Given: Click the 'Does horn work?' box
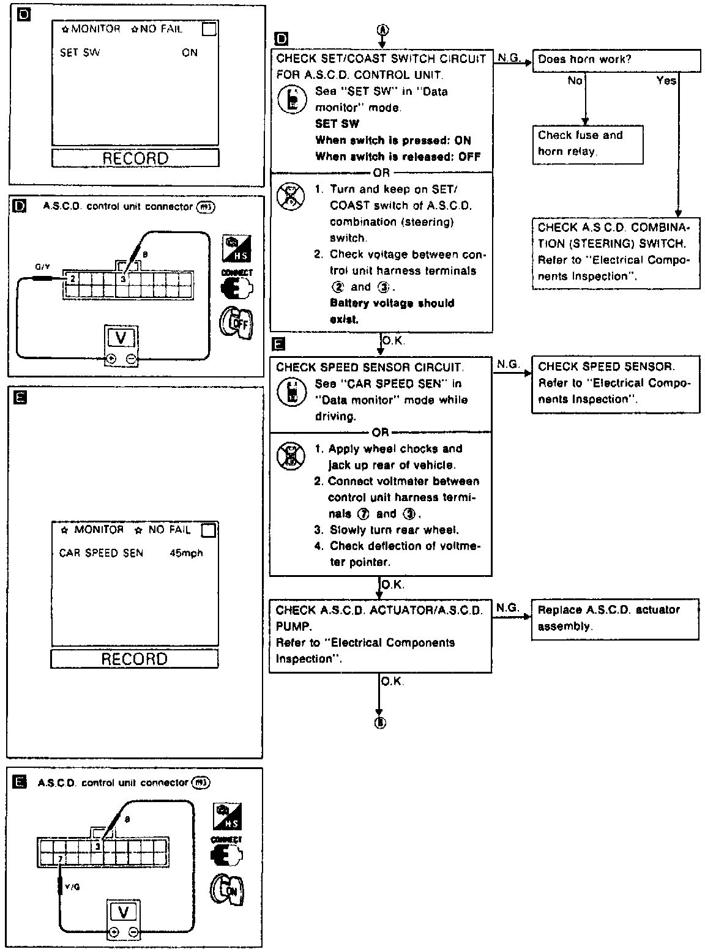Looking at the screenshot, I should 616,60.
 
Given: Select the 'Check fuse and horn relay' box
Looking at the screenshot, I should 587,144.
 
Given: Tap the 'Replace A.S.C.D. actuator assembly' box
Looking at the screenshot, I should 614,619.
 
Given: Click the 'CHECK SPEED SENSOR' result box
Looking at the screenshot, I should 614,384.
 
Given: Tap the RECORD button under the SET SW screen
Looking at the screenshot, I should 135,158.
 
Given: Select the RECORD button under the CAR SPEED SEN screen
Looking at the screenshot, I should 134,659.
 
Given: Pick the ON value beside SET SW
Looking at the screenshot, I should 190,53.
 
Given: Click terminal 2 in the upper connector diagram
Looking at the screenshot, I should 72,279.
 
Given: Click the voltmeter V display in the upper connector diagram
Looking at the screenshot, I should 122,338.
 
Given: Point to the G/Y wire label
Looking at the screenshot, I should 42,267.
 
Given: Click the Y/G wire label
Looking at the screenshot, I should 72,887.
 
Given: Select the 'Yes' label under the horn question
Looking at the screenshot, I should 666,81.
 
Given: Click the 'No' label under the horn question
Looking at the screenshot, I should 575,81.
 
